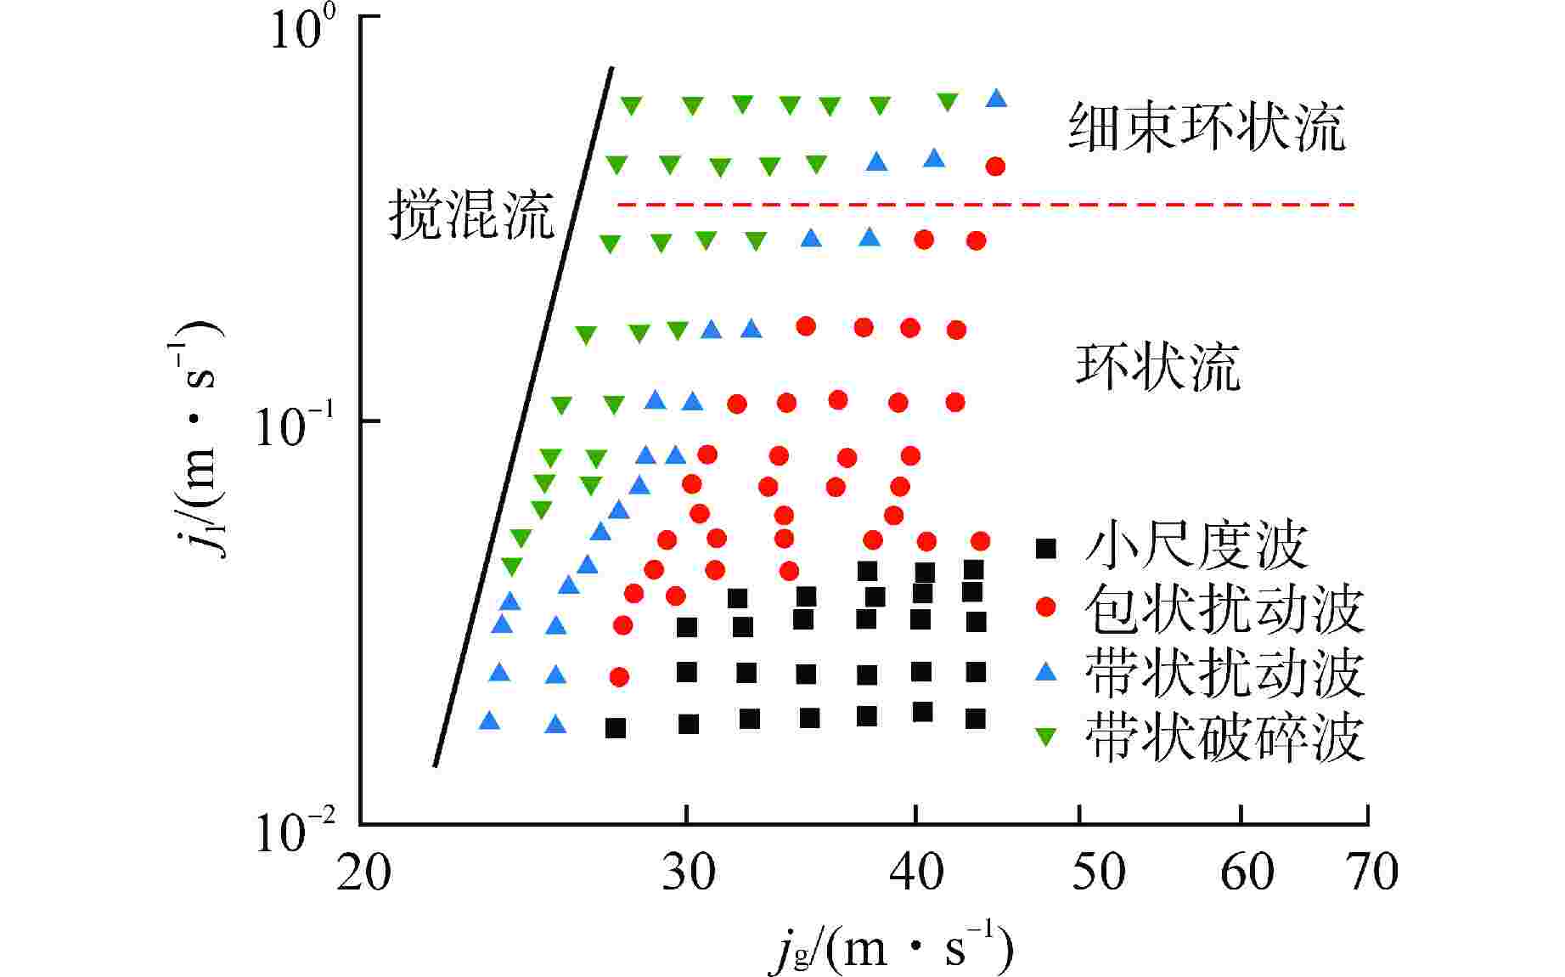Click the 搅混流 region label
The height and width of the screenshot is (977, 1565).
[471, 214]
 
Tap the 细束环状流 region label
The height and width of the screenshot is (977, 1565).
[1207, 128]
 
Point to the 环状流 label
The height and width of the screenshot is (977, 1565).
[1158, 367]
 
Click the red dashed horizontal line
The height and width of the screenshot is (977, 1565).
[985, 205]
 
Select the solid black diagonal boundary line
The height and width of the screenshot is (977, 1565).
[523, 416]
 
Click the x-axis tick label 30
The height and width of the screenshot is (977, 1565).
[688, 872]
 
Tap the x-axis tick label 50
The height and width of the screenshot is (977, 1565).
[1098, 872]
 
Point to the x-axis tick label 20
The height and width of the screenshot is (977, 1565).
[363, 872]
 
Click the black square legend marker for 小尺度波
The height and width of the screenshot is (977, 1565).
[1047, 548]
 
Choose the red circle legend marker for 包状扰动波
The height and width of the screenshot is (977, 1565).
[1047, 607]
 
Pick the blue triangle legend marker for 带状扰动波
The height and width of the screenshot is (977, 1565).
[1047, 672]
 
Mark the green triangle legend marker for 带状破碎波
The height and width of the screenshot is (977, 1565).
[1047, 737]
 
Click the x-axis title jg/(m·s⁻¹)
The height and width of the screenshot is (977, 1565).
[892, 947]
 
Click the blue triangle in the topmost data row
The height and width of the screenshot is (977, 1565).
[997, 99]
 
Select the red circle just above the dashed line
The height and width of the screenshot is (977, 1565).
[995, 167]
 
